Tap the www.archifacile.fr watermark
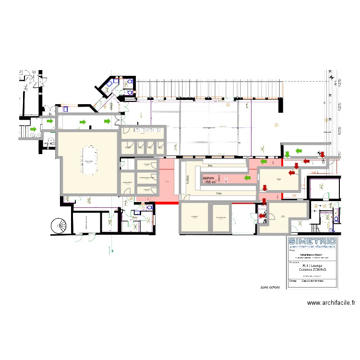point(331,303)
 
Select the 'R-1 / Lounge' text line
point(312,265)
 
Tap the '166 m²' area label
point(210,182)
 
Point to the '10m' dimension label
point(218,193)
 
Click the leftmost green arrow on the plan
point(34,129)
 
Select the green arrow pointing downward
point(287,154)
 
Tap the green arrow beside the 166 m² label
point(248,178)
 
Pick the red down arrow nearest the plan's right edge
point(323,154)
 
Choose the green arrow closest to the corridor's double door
point(108,122)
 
